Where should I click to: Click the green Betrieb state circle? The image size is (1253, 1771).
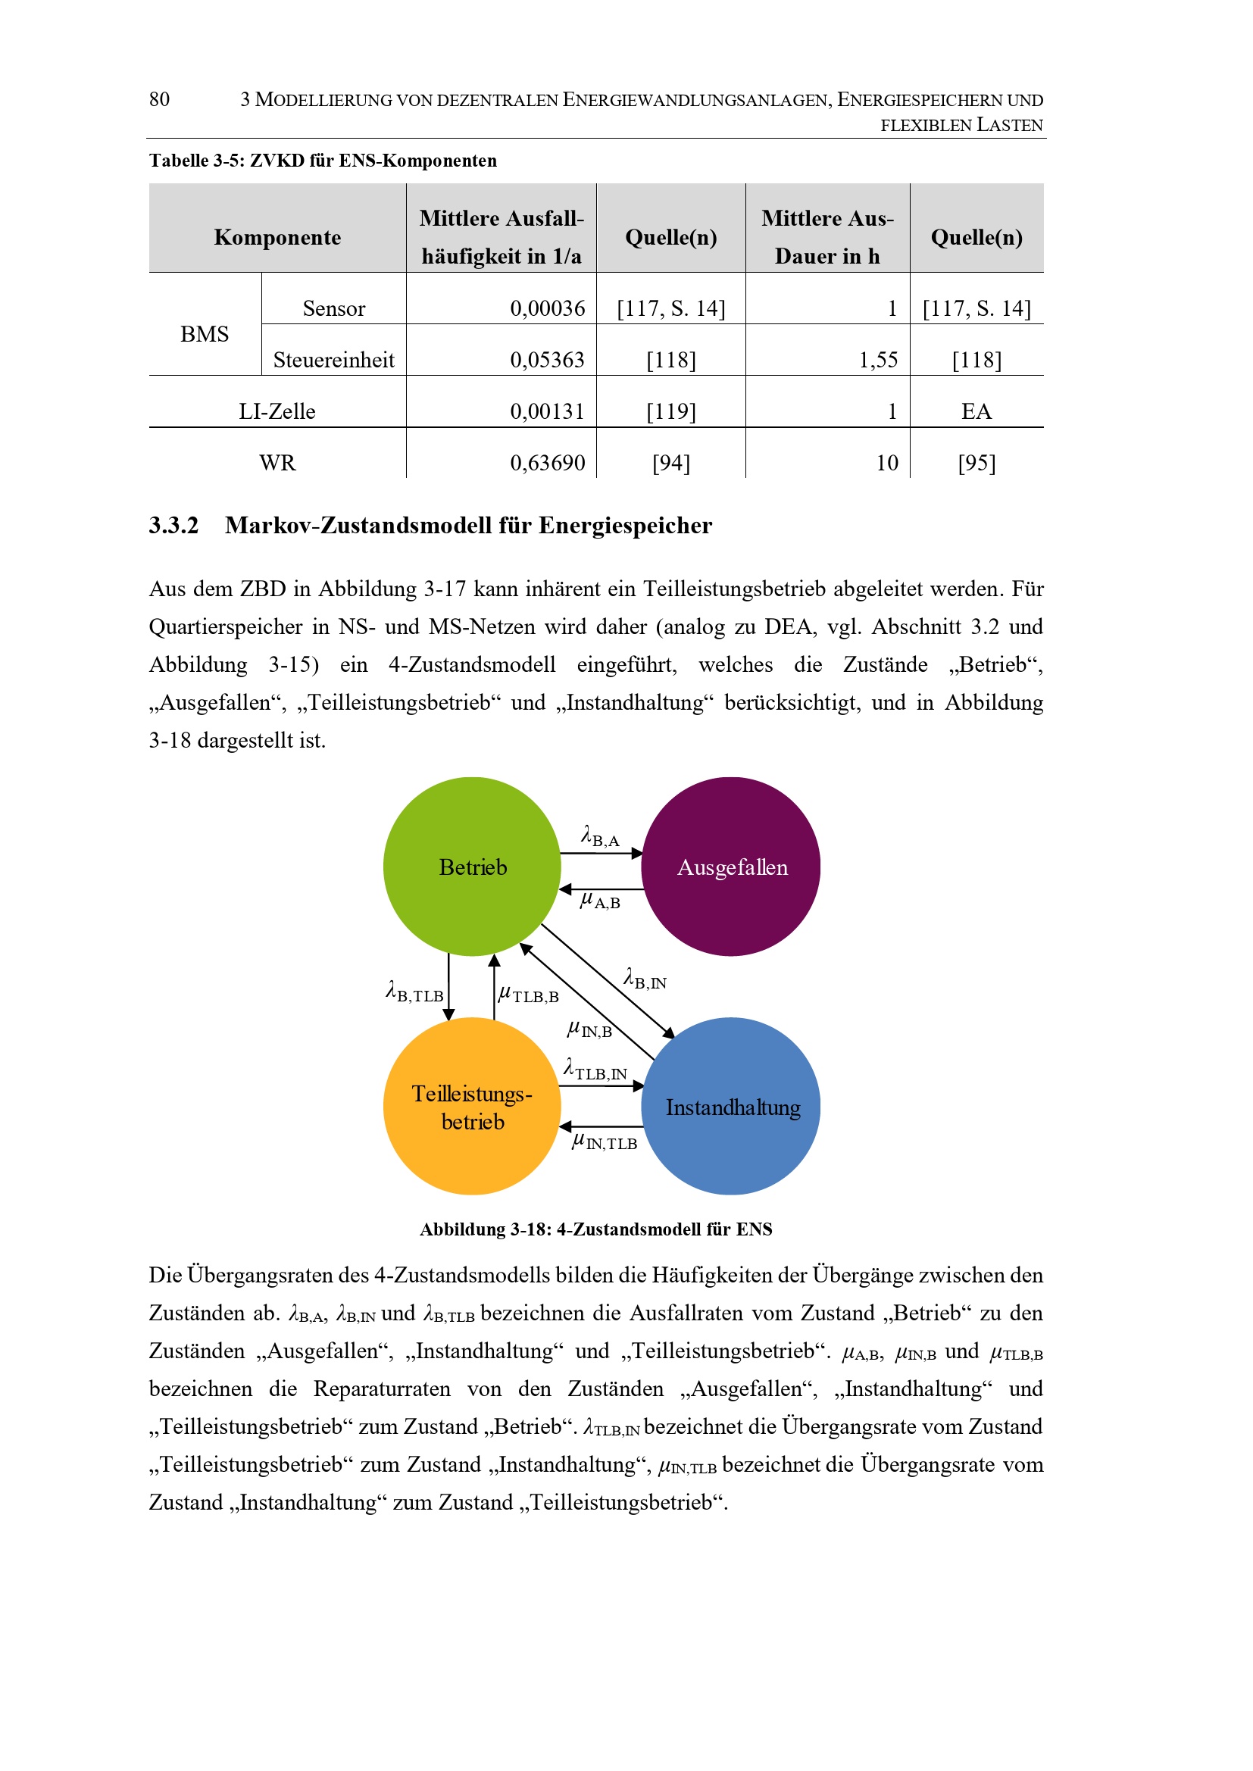coord(471,866)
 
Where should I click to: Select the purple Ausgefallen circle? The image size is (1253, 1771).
coord(730,866)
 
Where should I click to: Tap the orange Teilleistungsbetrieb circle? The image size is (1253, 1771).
coord(471,1106)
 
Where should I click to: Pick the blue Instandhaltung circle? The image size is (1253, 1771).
coord(730,1106)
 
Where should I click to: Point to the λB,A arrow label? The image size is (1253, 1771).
coord(600,837)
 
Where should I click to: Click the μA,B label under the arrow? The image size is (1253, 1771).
coord(600,900)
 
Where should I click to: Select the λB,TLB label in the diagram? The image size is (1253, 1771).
coord(414,992)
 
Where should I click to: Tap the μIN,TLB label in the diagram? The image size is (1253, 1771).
coord(605,1142)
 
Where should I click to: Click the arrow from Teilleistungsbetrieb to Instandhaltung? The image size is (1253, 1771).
coord(601,1086)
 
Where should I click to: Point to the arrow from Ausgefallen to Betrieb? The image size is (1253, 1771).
coord(601,889)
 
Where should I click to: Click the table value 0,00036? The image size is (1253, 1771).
coord(547,308)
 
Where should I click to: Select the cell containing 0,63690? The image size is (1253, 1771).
coord(547,463)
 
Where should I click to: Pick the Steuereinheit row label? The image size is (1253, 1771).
coord(333,361)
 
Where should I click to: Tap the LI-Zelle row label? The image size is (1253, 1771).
coord(277,411)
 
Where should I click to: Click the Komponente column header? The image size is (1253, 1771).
coord(277,237)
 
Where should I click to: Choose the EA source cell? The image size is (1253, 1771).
coord(976,411)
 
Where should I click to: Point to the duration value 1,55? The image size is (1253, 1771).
coord(878,361)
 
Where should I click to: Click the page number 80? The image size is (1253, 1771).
coord(159,99)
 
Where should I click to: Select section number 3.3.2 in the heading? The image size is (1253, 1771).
coord(173,525)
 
